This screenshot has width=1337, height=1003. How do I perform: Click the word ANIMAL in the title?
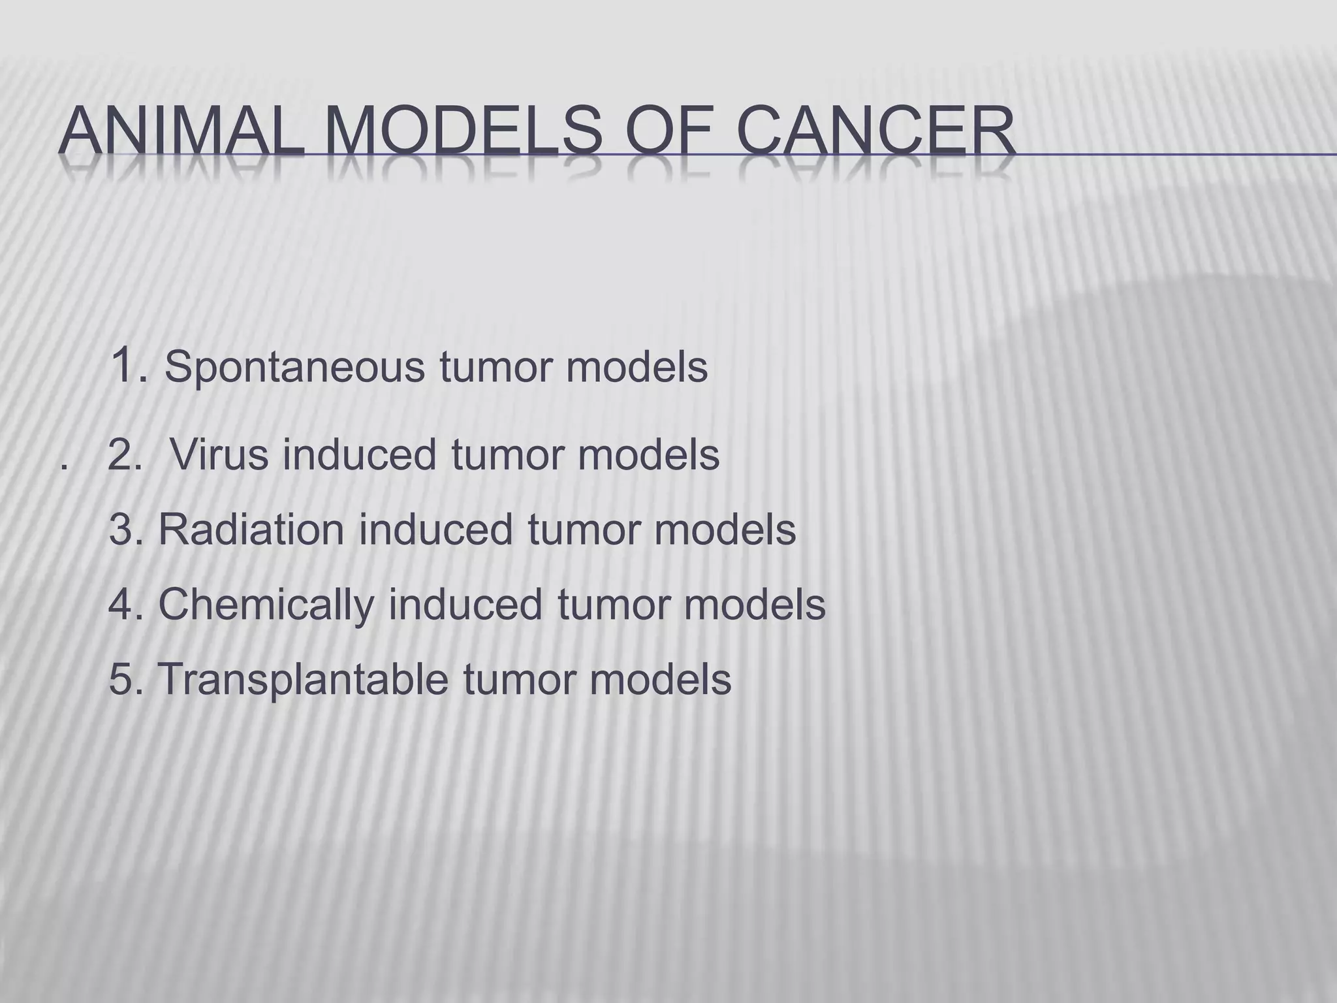click(181, 132)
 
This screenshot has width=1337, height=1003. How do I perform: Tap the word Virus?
click(219, 454)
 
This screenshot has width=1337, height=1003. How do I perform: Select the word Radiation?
click(251, 529)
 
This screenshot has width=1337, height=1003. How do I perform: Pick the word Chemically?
click(266, 605)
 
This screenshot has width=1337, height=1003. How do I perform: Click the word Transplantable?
click(304, 679)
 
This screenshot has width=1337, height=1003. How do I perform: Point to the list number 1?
click(125, 366)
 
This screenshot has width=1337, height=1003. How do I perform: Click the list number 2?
click(123, 455)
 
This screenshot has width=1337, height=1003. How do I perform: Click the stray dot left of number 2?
click(63, 467)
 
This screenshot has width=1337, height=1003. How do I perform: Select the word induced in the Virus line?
click(359, 454)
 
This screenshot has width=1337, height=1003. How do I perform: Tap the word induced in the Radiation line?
click(435, 529)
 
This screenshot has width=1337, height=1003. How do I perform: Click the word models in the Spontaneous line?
click(637, 368)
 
